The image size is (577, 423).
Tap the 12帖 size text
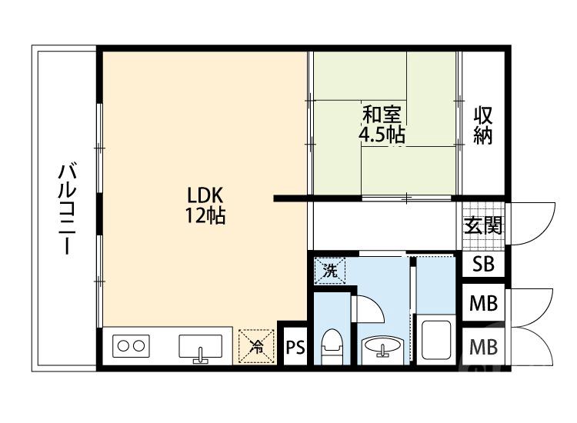click(x=204, y=216)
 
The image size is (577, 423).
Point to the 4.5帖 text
click(x=382, y=135)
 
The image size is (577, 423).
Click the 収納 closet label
click(x=482, y=126)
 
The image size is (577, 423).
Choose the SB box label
click(x=483, y=265)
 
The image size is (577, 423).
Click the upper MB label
click(x=483, y=304)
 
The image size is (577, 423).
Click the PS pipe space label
click(x=295, y=348)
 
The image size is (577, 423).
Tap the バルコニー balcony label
click(x=67, y=208)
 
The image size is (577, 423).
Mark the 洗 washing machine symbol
click(x=330, y=270)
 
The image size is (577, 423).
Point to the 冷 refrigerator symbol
click(x=256, y=346)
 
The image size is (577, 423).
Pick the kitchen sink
click(x=201, y=348)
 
